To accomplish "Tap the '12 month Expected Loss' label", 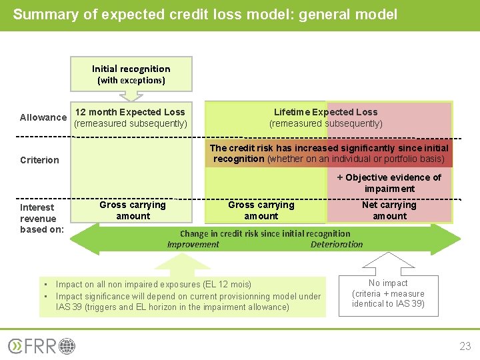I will click(x=130, y=112).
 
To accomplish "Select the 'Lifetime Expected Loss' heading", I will click(x=325, y=112).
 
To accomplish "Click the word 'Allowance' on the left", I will click(x=43, y=117).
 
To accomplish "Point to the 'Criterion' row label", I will click(x=39, y=160).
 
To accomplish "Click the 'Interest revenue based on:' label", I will click(x=41, y=219).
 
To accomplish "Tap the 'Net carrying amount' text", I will click(x=389, y=210).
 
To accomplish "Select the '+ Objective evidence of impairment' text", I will click(x=389, y=183).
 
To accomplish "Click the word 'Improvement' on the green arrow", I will click(x=193, y=245).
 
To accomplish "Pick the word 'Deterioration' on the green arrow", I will click(x=337, y=245).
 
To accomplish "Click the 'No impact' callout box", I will click(x=388, y=293).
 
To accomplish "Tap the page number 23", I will click(x=465, y=346).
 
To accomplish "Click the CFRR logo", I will click(x=41, y=346).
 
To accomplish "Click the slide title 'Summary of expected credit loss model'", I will click(x=205, y=14).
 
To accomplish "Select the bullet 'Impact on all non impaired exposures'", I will click(x=153, y=284).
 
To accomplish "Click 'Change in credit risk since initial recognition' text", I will click(x=265, y=233).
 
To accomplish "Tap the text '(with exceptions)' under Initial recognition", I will click(x=131, y=81).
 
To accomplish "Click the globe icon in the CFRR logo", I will click(x=67, y=346).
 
